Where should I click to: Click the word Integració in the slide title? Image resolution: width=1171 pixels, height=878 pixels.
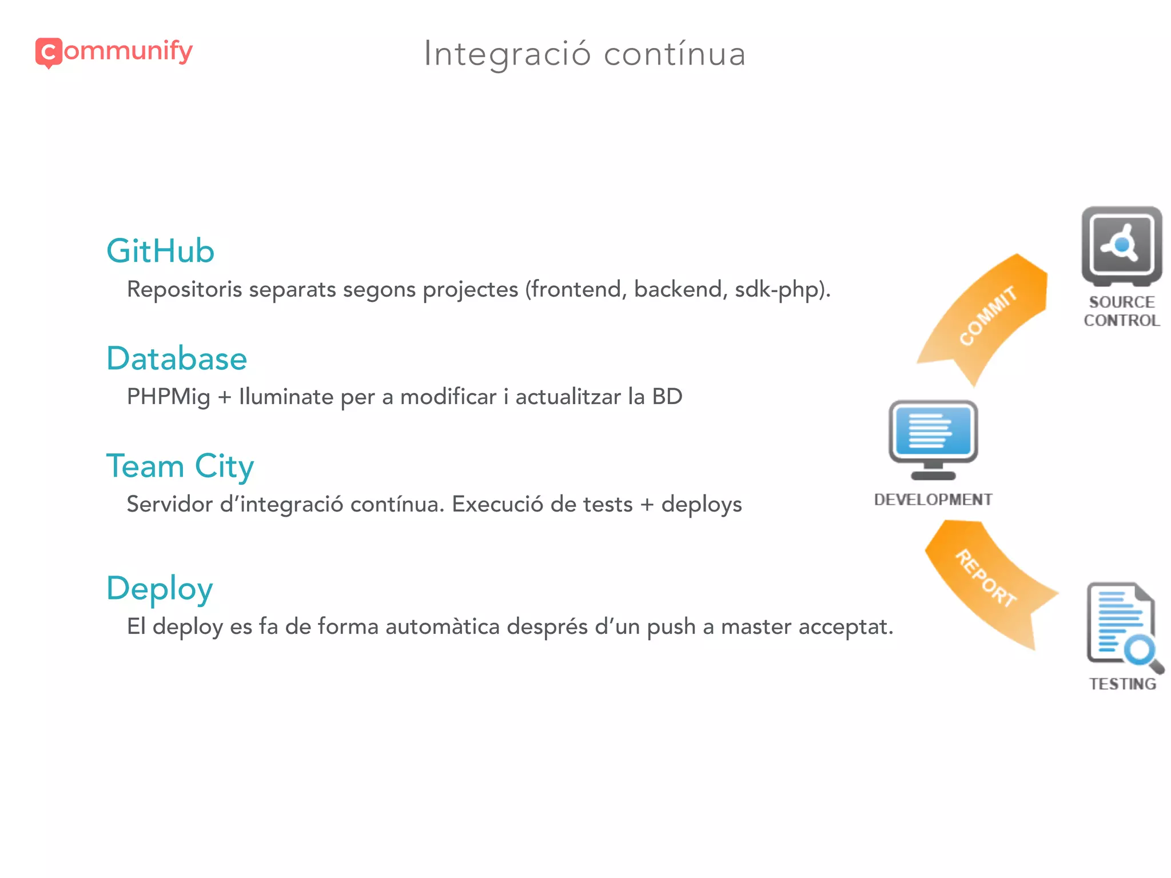tap(507, 54)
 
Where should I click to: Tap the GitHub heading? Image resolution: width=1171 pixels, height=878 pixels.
tap(161, 251)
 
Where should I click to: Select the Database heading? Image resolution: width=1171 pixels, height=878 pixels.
tap(177, 358)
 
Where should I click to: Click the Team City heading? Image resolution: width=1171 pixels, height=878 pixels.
tap(180, 466)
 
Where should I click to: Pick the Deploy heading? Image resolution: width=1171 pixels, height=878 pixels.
tap(160, 588)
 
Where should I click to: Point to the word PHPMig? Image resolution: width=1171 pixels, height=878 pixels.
tap(168, 397)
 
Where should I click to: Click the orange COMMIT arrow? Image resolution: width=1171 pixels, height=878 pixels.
tap(986, 317)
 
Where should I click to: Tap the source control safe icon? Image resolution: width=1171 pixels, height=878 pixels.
tap(1121, 246)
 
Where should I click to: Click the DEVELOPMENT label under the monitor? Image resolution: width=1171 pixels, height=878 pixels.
tap(933, 500)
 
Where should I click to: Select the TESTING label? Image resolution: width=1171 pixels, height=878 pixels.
tap(1122, 684)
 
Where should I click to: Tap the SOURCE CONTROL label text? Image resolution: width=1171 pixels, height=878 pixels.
tap(1121, 311)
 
